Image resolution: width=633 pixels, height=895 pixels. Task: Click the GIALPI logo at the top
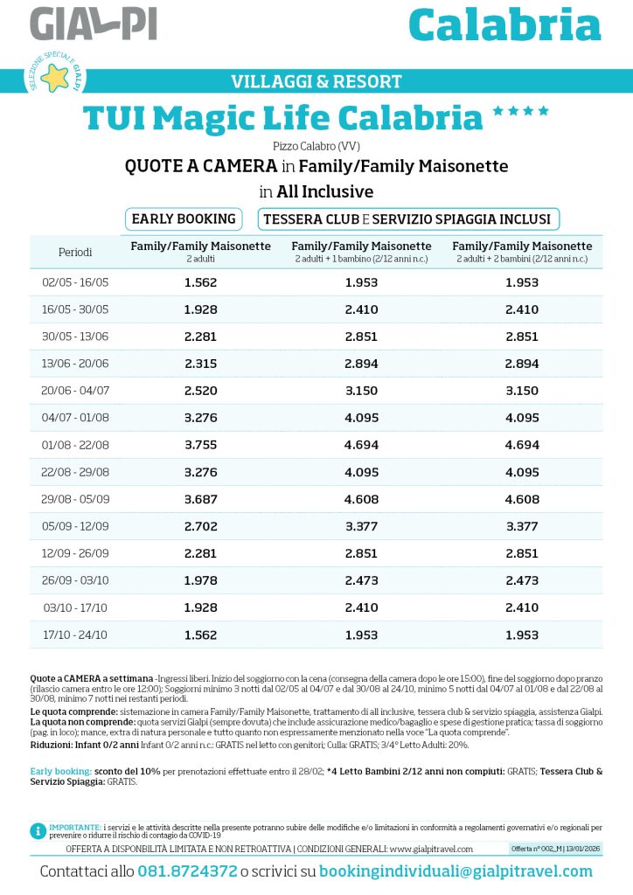tap(93, 24)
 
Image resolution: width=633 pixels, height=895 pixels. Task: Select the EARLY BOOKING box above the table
tap(184, 219)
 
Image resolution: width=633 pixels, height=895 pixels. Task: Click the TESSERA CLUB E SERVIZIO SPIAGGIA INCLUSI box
tap(407, 219)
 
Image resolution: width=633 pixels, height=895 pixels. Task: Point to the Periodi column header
tap(75, 252)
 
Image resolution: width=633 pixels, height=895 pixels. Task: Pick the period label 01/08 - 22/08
tap(75, 445)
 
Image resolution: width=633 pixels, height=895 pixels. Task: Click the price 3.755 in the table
tap(200, 445)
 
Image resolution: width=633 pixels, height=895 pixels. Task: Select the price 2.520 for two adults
tap(200, 391)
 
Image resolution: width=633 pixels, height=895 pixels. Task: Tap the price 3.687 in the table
tap(200, 499)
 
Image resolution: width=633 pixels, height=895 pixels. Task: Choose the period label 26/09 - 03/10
tap(75, 580)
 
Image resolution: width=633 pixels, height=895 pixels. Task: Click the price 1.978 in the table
tap(200, 580)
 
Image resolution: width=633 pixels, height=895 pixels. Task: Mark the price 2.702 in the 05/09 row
tap(200, 526)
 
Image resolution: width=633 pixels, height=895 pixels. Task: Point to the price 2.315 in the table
tap(200, 364)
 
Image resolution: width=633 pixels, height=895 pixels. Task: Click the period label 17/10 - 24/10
tap(75, 635)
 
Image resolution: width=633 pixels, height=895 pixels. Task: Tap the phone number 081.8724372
tap(187, 871)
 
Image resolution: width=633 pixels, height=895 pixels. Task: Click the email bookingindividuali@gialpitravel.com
tap(456, 871)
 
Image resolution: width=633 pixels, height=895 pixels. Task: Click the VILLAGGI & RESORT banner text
tap(316, 82)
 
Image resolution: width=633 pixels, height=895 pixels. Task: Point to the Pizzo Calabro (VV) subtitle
tap(316, 146)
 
